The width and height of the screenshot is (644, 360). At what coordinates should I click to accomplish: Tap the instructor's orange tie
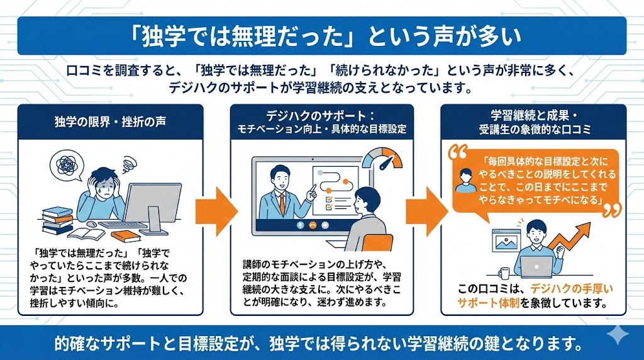pyautogui.click(x=282, y=201)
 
